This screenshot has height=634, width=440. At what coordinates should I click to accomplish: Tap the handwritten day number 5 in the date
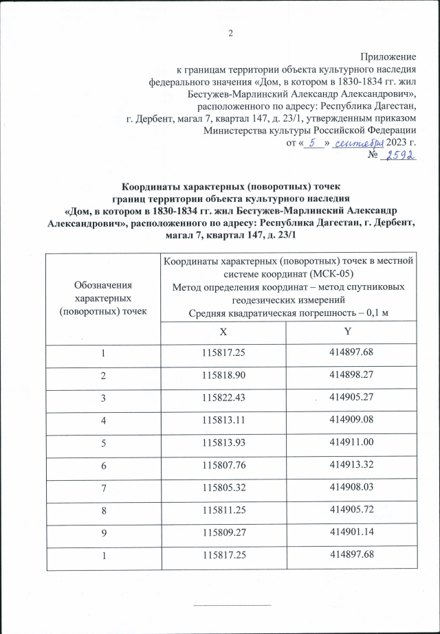pos(313,143)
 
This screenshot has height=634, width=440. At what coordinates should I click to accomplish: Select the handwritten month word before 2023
pos(357,143)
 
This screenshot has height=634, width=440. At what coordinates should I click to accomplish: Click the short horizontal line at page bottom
pos(232,605)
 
